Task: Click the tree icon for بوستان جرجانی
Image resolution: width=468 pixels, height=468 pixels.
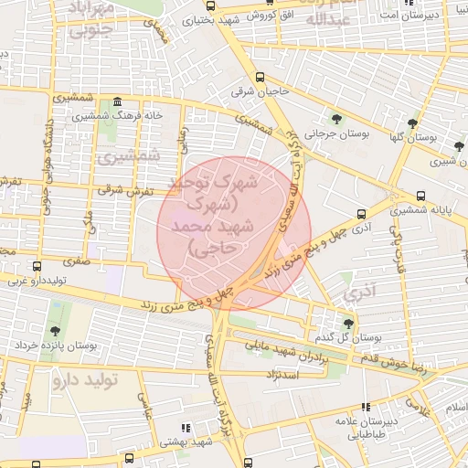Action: pos(337,119)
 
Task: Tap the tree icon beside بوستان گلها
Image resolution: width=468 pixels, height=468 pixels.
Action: pos(413,122)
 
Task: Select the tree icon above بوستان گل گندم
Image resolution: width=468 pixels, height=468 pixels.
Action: pos(347,323)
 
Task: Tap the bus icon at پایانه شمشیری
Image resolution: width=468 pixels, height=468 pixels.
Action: pos(420,196)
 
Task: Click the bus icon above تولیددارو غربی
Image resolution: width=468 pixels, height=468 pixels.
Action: pos(37,267)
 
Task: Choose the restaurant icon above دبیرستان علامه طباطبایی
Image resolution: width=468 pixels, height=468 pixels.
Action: pos(366,407)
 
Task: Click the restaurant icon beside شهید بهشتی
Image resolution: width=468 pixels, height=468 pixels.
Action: pos(187,428)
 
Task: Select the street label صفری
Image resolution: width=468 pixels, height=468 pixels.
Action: pos(77,262)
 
